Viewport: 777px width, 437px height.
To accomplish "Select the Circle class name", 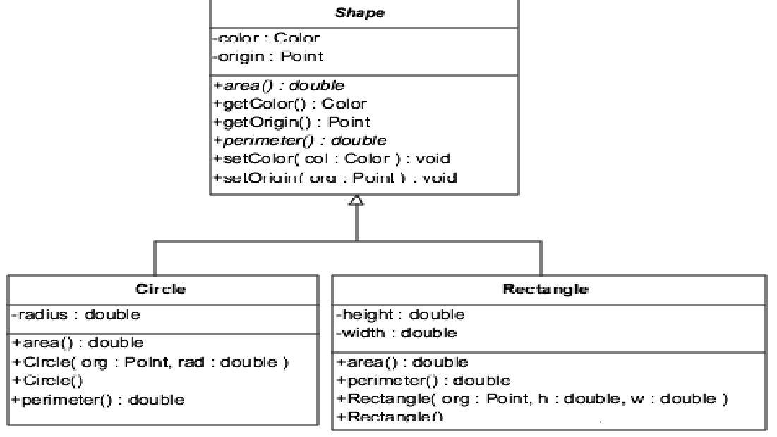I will click(x=162, y=289).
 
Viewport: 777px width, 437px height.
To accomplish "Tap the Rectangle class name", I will click(x=548, y=289).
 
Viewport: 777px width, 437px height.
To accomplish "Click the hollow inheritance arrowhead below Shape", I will click(x=357, y=201).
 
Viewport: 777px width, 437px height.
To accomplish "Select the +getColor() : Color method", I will click(x=290, y=104).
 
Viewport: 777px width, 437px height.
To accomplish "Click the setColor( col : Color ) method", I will click(x=332, y=158).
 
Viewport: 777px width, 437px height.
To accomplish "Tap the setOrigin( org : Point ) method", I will click(x=335, y=177).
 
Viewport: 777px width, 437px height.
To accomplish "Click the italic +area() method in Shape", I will click(x=279, y=85).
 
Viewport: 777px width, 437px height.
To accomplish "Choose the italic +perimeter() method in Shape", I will click(x=300, y=140).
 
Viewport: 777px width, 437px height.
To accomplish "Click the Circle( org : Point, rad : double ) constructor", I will click(x=150, y=362).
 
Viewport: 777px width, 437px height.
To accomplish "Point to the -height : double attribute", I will click(x=399, y=313).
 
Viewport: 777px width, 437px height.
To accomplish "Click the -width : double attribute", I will click(x=396, y=332).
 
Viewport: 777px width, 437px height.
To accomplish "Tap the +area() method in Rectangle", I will click(x=402, y=362).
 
